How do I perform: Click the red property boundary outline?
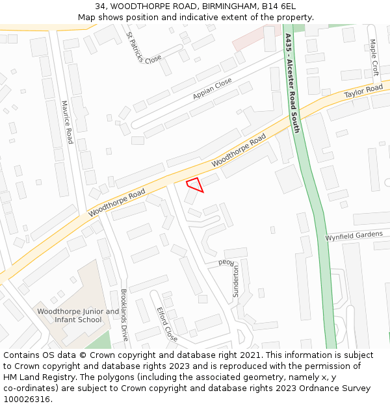tap(195, 184)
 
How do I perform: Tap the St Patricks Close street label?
tap(143, 47)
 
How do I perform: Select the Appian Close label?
tap(212, 89)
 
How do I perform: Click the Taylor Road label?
tap(363, 92)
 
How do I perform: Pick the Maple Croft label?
tap(374, 57)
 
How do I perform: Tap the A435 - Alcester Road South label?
tap(292, 83)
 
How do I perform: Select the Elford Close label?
tap(166, 324)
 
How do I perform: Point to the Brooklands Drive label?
tap(124, 315)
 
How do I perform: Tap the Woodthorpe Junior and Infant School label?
tap(78, 316)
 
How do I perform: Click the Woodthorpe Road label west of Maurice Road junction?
tap(117, 203)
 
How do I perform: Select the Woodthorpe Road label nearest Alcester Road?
tap(239, 149)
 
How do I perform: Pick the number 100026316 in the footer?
tap(27, 399)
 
